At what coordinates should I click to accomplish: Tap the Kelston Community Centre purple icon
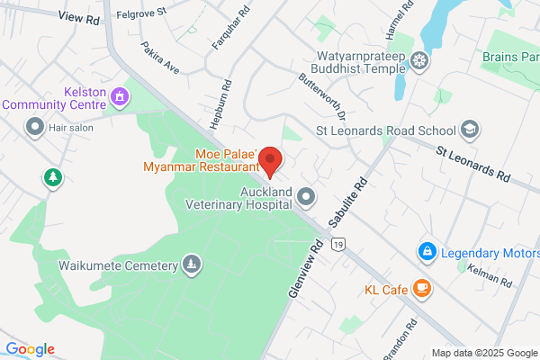tap(119, 95)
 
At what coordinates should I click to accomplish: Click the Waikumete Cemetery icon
tap(191, 265)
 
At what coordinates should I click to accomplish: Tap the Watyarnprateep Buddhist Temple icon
tap(418, 62)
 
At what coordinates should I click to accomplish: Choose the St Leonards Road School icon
tap(468, 130)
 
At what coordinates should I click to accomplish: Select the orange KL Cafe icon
tap(421, 289)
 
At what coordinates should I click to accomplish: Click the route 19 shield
tap(337, 244)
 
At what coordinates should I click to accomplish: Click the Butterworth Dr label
tap(322, 96)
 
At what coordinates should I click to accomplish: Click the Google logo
tap(30, 349)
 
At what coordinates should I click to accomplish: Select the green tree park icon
tap(53, 178)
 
